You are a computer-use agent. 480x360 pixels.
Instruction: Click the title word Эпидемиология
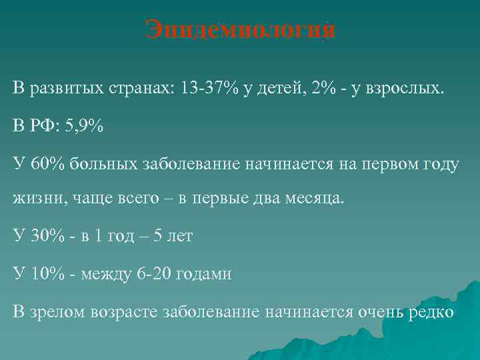(240, 31)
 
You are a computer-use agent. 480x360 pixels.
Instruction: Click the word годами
(203, 274)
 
